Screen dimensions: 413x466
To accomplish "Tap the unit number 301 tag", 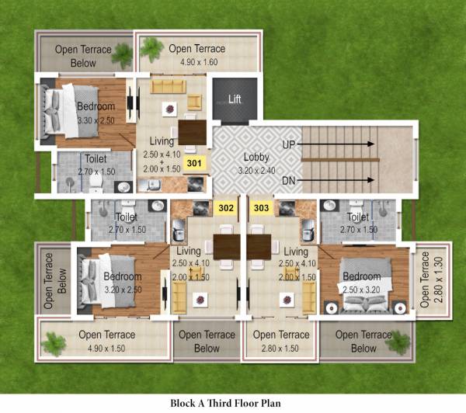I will (x=194, y=163).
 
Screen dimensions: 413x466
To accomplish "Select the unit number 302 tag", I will (x=227, y=207).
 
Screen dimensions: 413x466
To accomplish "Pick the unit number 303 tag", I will (x=262, y=207).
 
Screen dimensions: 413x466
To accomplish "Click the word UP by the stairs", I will (x=289, y=144).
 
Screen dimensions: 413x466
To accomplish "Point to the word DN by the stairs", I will (x=289, y=182).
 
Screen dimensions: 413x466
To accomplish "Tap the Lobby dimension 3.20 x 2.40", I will (x=256, y=169).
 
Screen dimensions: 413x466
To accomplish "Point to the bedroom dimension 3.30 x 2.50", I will (x=96, y=120).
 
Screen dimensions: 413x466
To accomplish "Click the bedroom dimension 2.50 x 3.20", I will (x=362, y=290).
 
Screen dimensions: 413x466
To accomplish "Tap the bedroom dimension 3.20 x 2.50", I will (x=123, y=290).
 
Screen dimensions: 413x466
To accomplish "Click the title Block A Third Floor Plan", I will (x=226, y=403).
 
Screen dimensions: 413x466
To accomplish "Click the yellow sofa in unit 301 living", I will (x=170, y=85).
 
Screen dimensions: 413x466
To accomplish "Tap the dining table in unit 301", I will (x=192, y=129).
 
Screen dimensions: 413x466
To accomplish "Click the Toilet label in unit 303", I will (x=358, y=218).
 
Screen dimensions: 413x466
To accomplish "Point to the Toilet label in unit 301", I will (x=96, y=159).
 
